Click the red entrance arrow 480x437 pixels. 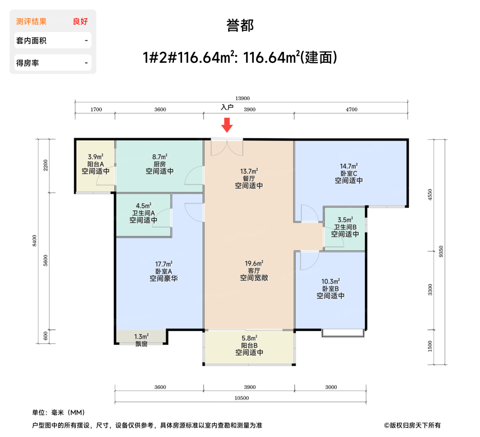227,125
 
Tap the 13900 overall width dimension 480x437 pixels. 242,98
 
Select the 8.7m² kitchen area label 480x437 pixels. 160,157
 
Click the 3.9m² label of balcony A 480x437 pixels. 96,157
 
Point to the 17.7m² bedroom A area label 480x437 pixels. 164,264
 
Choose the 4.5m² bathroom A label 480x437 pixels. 144,206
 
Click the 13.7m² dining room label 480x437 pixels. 249,171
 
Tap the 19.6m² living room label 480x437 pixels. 254,264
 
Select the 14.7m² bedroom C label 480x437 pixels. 349,166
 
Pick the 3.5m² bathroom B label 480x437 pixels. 345,220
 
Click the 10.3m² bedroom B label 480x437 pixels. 331,281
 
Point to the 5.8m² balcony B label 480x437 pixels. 249,338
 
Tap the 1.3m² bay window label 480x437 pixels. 141,337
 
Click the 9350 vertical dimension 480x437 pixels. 441,252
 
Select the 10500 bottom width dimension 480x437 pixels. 241,398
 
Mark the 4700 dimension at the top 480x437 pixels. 351,110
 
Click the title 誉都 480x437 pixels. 240,26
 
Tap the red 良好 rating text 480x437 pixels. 80,22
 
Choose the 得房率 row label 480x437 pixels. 27,63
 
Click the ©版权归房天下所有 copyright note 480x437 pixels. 412,425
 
